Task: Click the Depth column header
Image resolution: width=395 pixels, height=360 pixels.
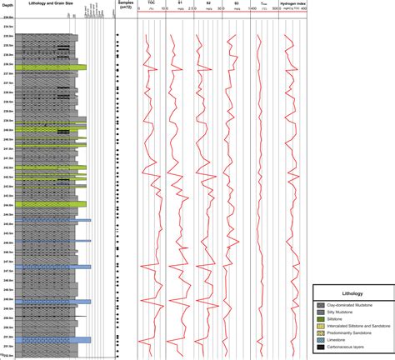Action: [x=7, y=3]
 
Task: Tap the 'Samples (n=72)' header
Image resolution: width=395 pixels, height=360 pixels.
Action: [x=126, y=6]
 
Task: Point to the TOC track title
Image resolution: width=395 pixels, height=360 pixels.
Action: [x=152, y=3]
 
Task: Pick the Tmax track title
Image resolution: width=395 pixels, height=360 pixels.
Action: [x=263, y=3]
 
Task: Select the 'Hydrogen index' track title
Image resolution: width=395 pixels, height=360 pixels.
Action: [x=292, y=3]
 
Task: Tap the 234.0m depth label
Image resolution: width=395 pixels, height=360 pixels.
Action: [x=8, y=27]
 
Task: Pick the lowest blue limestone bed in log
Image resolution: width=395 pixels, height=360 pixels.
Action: [x=54, y=340]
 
